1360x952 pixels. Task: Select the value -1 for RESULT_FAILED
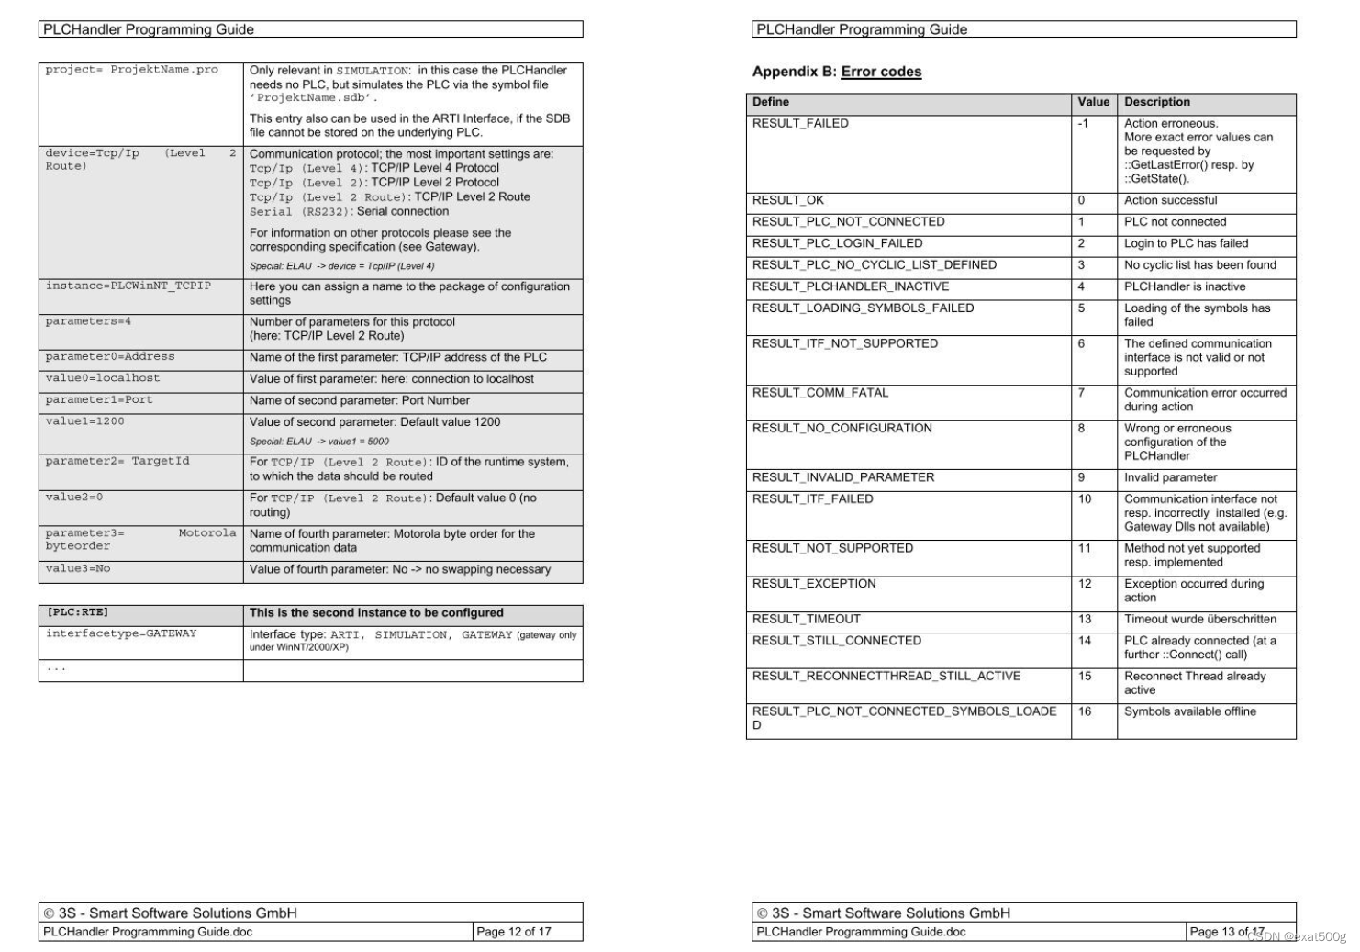[1083, 123]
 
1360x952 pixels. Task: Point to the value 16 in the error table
[1085, 711]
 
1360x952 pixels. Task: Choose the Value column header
[1093, 102]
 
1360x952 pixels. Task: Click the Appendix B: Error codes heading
[836, 72]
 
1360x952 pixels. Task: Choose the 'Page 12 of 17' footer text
[514, 932]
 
